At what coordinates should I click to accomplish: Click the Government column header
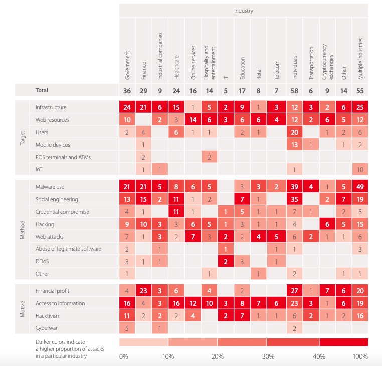click(x=127, y=65)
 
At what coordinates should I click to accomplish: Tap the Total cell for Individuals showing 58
click(x=294, y=90)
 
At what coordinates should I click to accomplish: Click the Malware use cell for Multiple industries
click(x=360, y=187)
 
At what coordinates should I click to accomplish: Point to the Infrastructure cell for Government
click(x=127, y=107)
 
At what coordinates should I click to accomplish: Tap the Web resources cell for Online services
click(x=194, y=120)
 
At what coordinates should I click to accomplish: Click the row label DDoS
click(x=43, y=262)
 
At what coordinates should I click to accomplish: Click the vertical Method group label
click(x=22, y=231)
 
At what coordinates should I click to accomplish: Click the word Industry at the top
click(x=244, y=10)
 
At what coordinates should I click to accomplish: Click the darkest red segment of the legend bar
click(x=343, y=342)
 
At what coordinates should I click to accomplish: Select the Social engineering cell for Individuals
click(x=294, y=199)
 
